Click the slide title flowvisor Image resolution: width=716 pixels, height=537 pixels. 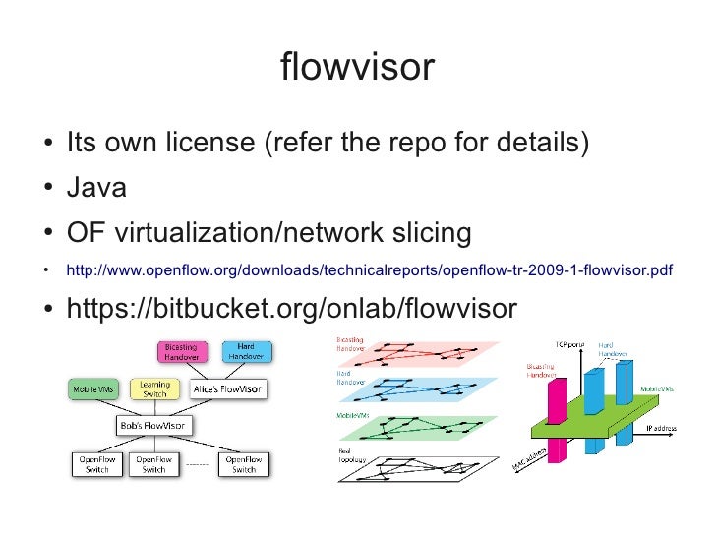pyautogui.click(x=357, y=67)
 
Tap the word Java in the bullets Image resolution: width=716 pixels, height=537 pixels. pyautogui.click(x=96, y=187)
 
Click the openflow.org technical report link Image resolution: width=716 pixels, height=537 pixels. pyautogui.click(x=369, y=270)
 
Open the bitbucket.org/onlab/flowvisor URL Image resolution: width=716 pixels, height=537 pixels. pyautogui.click(x=290, y=308)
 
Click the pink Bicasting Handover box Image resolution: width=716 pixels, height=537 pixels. pyautogui.click(x=180, y=352)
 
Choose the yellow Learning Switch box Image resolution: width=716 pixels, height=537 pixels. pyautogui.click(x=153, y=389)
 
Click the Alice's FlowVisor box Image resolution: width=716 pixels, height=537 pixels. pyautogui.click(x=227, y=389)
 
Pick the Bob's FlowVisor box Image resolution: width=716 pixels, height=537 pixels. pyautogui.click(x=153, y=426)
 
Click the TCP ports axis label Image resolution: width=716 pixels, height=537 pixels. pyautogui.click(x=568, y=344)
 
